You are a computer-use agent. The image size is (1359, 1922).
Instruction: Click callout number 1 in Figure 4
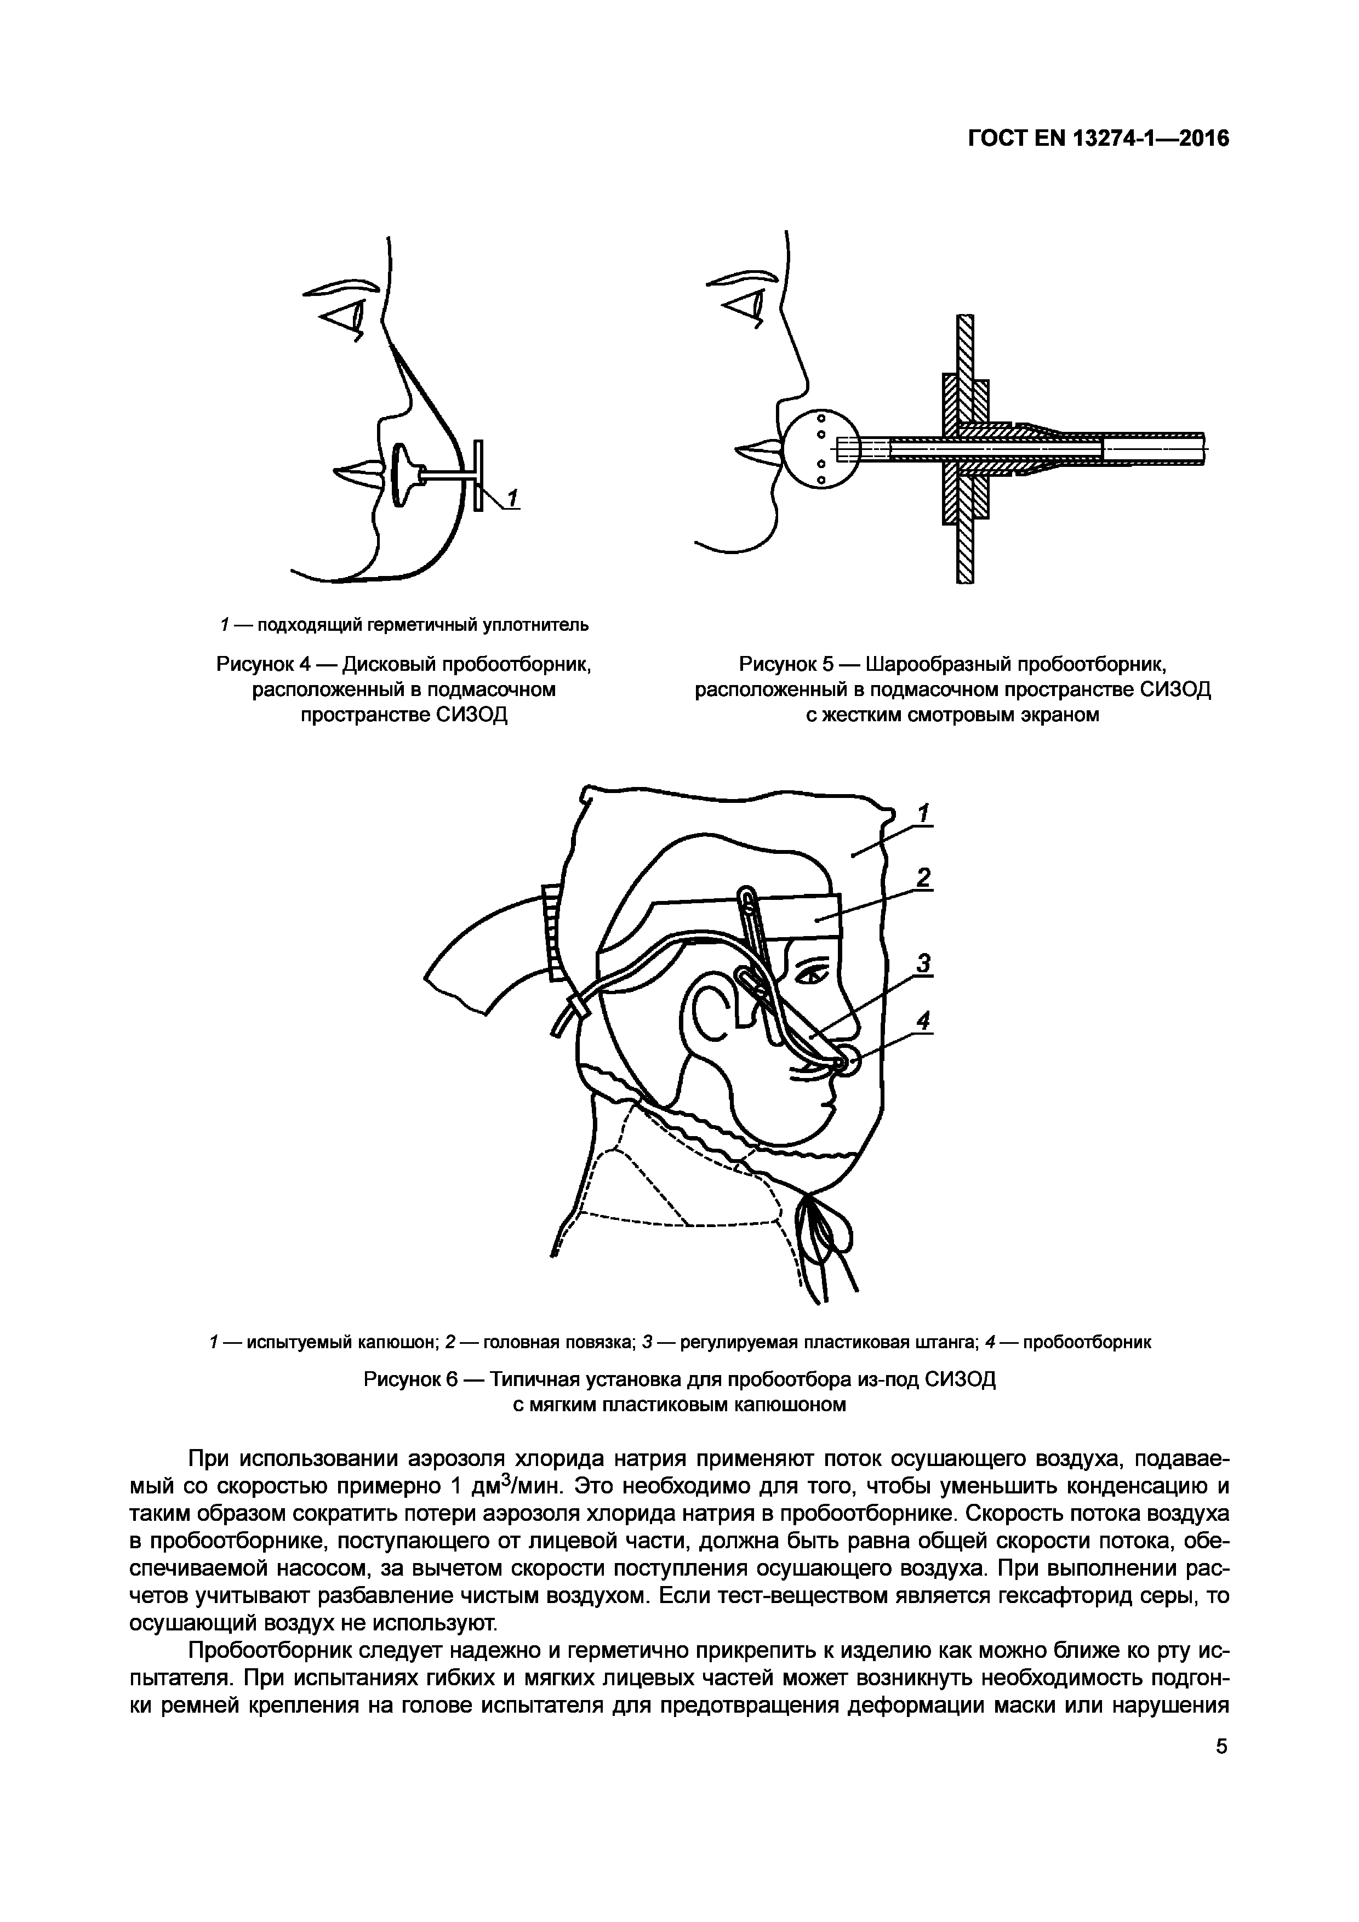point(513,498)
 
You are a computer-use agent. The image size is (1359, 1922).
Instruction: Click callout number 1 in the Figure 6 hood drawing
point(924,813)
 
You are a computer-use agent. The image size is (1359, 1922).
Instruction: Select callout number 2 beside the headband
point(924,877)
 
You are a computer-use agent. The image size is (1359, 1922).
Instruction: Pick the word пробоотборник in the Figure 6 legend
point(1087,1343)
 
